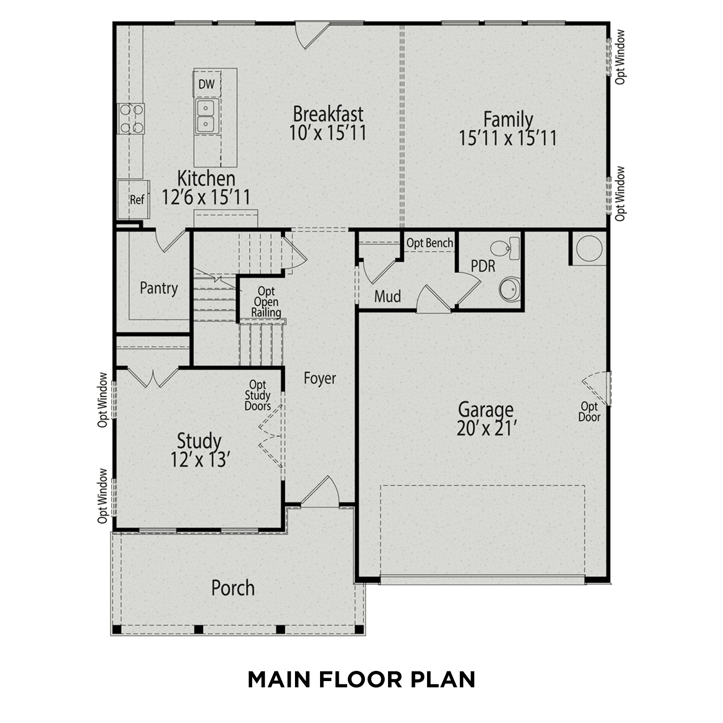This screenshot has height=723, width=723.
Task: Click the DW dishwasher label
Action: point(206,85)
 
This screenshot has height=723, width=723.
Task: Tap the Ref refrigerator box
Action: point(136,200)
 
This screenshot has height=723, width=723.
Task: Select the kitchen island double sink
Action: point(207,116)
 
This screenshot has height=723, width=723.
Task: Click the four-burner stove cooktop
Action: point(131,119)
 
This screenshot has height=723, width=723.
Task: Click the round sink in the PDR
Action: point(509,290)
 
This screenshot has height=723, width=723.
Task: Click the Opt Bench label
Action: point(429,243)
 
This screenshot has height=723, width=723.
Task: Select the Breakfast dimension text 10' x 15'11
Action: point(328,133)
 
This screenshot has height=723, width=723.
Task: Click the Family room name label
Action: point(508,119)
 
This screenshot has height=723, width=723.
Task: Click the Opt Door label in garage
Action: point(589,412)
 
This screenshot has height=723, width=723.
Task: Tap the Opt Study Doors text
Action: point(257,396)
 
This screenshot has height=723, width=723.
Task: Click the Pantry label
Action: point(159,288)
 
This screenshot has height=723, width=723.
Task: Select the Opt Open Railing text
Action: point(266,302)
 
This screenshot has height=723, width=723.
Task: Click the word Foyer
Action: point(320,378)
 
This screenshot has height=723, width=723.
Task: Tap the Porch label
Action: point(233,588)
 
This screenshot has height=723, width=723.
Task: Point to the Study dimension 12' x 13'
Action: point(199,460)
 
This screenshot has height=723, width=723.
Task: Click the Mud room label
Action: point(388,296)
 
